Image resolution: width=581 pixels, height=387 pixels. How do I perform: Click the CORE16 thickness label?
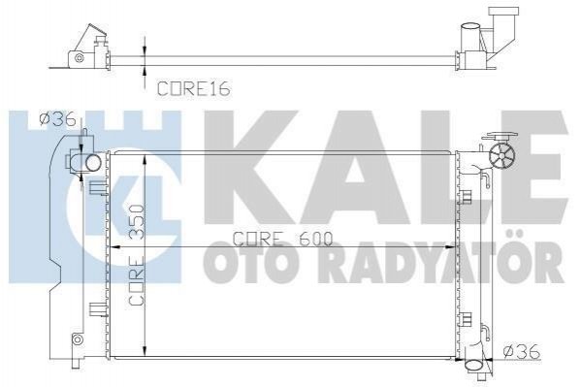[194, 89]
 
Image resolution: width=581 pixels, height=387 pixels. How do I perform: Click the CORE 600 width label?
[282, 240]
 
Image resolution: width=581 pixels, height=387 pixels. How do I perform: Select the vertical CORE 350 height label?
[136, 255]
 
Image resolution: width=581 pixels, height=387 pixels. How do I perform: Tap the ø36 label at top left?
[58, 119]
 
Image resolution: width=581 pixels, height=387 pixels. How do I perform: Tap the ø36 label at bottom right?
[522, 352]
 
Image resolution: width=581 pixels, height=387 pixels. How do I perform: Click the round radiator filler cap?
[502, 157]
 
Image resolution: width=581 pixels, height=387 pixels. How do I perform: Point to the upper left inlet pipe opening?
[93, 163]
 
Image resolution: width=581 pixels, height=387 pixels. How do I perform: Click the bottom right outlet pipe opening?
[473, 365]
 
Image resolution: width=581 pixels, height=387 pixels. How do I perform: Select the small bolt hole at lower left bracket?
[77, 339]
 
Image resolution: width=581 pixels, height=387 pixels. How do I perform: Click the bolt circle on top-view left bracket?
[78, 57]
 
